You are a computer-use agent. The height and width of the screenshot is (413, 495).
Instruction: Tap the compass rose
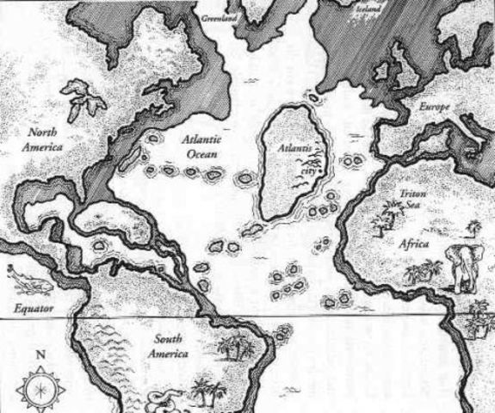coord(40,387)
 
